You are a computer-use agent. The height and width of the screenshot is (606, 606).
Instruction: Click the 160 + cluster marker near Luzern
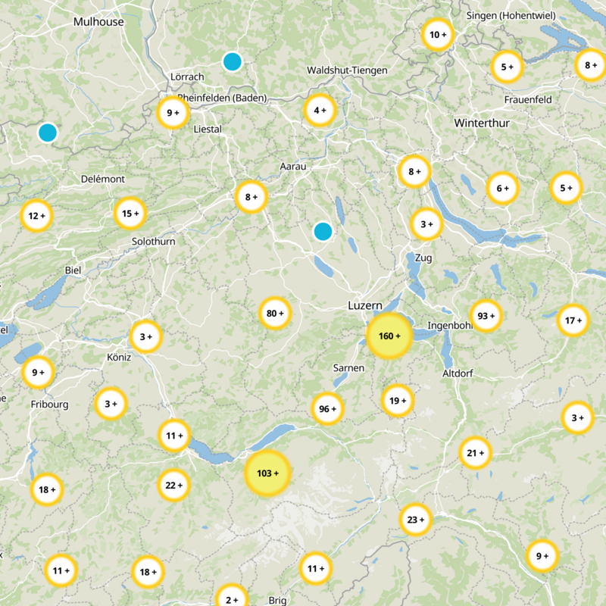(389, 336)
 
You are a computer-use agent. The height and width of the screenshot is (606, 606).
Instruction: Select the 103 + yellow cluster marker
(267, 473)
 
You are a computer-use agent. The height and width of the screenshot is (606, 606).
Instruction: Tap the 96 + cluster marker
(328, 409)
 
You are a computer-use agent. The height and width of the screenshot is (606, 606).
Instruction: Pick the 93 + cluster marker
(486, 316)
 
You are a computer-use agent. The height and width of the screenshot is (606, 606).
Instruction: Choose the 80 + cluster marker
(275, 313)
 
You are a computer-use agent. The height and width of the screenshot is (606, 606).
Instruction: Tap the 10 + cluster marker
(438, 35)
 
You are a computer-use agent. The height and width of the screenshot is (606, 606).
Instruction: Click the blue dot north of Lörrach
(233, 61)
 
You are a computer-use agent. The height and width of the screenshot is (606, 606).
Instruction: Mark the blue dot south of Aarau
(323, 231)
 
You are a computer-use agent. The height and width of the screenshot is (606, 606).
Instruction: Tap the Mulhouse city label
(98, 22)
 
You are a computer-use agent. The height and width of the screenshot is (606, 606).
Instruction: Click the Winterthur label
(482, 123)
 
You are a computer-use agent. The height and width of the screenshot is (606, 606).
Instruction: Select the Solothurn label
(153, 242)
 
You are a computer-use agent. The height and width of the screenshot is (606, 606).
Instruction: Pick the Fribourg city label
(50, 405)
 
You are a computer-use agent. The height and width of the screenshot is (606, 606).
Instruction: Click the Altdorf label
(458, 373)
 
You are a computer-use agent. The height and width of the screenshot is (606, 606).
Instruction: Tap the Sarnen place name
(348, 368)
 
